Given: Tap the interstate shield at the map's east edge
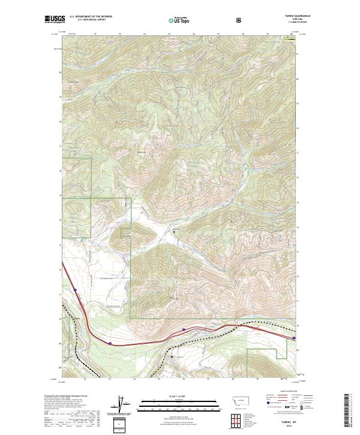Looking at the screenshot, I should (294, 338).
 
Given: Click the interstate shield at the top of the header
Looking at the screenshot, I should (240, 20).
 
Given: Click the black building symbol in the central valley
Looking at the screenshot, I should (175, 231).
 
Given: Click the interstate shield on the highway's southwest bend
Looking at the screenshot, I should (110, 343).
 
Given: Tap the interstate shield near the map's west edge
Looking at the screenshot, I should (76, 291).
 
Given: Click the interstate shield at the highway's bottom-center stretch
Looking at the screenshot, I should (183, 329).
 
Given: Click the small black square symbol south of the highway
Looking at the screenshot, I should (172, 356).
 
